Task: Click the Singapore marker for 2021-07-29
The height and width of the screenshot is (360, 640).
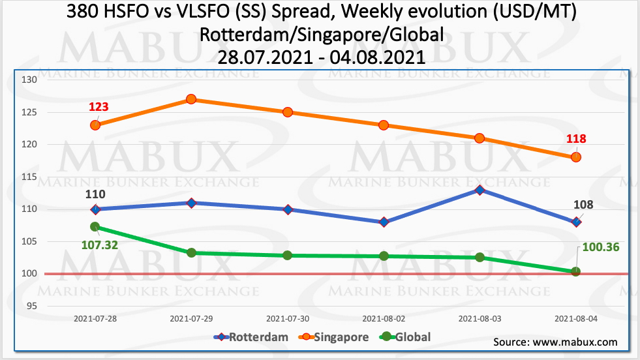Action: (191, 99)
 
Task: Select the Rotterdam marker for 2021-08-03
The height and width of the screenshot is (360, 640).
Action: (480, 190)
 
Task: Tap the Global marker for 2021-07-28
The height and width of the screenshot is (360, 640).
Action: (95, 227)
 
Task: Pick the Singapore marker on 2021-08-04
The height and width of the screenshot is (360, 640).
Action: (576, 157)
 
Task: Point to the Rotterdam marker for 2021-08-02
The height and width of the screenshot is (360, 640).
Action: (384, 222)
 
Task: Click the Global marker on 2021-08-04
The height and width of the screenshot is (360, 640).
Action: (576, 271)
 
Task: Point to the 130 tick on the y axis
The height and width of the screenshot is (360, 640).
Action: (30, 80)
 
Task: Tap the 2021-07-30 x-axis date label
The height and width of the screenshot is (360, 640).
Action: (287, 319)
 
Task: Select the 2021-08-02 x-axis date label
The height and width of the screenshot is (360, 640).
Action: (384, 319)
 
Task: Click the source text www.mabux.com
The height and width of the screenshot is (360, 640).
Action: (555, 342)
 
